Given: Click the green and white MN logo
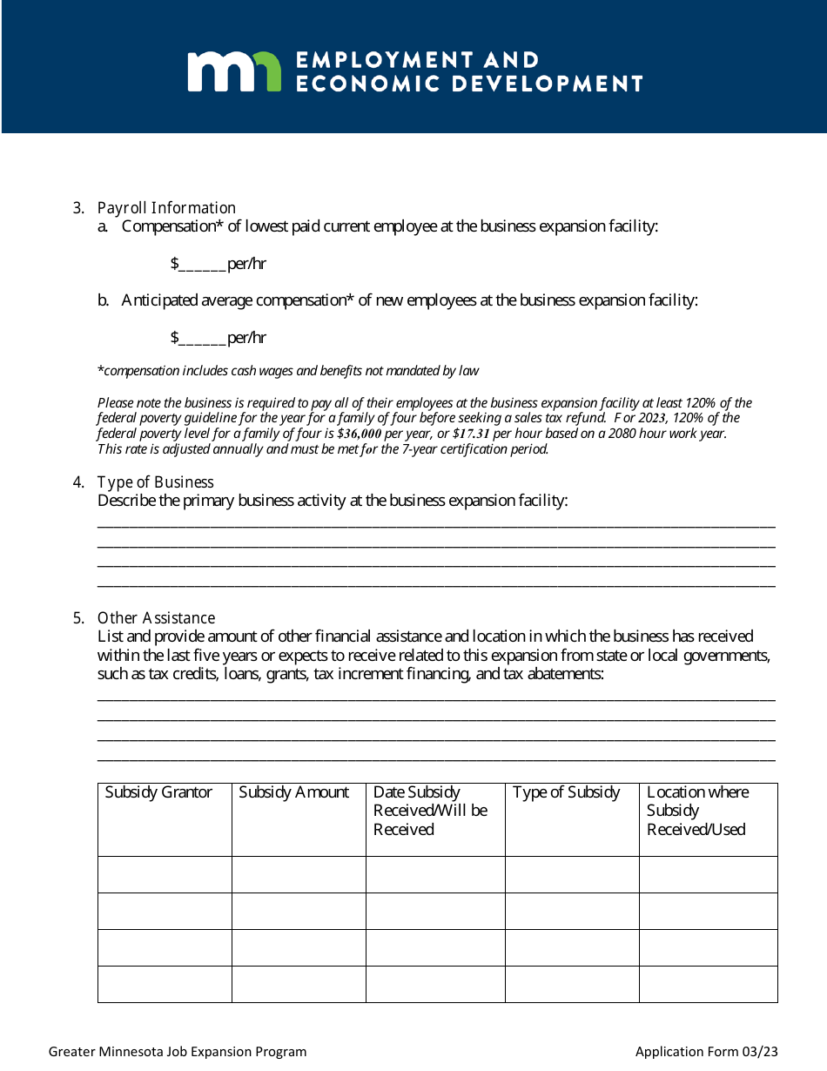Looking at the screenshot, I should point(234,71).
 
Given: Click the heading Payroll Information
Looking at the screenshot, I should point(166,208).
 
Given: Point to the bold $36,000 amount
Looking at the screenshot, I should point(360,434).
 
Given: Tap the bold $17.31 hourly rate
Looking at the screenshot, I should point(471,434).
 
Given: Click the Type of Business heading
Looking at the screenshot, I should point(155,482).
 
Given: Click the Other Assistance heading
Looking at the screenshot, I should point(156,618).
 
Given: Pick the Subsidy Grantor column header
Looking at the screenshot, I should point(158,792).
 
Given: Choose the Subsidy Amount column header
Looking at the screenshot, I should point(293,792).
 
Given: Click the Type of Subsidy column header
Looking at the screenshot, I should point(566,792).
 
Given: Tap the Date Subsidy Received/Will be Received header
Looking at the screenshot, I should point(430,811).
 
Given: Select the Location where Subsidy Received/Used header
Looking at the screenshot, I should point(697,811).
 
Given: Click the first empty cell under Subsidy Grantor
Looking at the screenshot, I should point(165,874).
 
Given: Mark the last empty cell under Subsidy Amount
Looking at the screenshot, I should point(299,984).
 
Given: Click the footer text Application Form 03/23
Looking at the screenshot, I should point(706,1052).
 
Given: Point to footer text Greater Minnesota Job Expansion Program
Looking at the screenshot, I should point(178,1052).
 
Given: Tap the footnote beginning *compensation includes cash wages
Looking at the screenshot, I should point(287,371).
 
